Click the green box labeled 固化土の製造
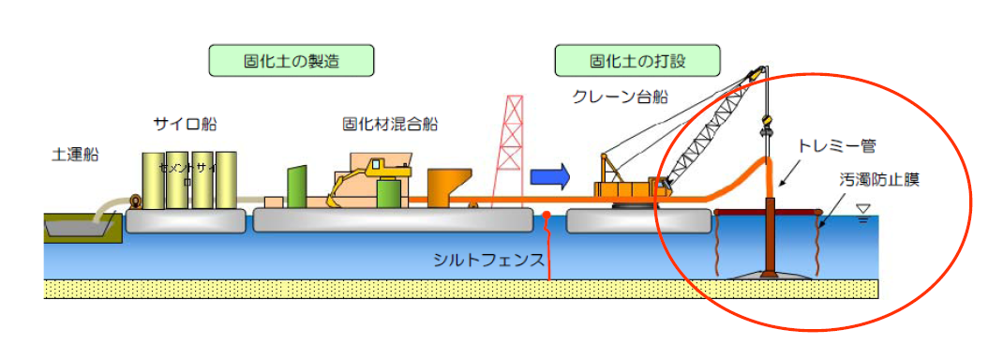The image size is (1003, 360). point(292,62)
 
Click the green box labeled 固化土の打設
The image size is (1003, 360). point(639,62)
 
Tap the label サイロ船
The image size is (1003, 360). point(186,124)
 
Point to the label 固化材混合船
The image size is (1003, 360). point(391,124)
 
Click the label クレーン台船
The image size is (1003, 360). point(620,97)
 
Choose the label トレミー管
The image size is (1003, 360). point(836,145)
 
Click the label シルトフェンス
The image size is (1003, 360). point(488,260)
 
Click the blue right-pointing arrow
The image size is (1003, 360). point(550,175)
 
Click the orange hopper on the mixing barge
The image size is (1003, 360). point(448,188)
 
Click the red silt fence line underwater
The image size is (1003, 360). point(547,248)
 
